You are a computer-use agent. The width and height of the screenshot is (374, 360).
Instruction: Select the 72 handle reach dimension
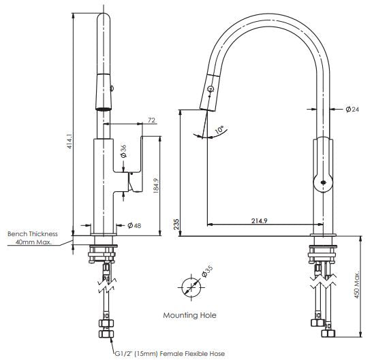151,120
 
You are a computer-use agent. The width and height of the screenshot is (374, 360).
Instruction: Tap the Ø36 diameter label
123,150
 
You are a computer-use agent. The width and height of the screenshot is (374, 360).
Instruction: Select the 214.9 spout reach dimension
260,220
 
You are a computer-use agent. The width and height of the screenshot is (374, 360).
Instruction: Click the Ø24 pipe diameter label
352,109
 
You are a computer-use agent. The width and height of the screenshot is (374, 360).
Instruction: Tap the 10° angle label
219,128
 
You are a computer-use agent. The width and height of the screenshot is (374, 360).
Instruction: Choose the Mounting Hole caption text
189,315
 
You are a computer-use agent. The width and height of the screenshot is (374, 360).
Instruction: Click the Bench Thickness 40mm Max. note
32,238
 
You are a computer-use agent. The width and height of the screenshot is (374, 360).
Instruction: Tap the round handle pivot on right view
322,180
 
